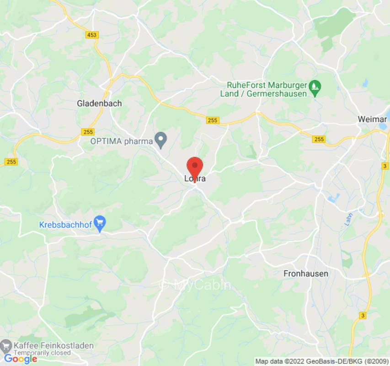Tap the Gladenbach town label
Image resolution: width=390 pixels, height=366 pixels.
pyautogui.click(x=99, y=103)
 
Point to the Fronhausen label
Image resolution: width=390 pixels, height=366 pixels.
pyautogui.click(x=306, y=274)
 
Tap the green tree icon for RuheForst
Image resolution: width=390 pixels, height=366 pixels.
pyautogui.click(x=315, y=86)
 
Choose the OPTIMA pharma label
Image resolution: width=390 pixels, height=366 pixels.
pyautogui.click(x=121, y=141)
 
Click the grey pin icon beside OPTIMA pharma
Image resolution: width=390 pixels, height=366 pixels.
pyautogui.click(x=160, y=140)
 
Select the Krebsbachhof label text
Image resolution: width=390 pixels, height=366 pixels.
pyautogui.click(x=66, y=225)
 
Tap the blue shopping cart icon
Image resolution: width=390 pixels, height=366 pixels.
pyautogui.click(x=100, y=223)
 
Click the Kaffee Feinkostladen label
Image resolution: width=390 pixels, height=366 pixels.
pyautogui.click(x=53, y=345)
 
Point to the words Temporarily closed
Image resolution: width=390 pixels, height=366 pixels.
pyautogui.click(x=42, y=353)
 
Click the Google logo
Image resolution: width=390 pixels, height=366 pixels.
pyautogui.click(x=20, y=359)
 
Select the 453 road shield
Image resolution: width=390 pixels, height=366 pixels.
pyautogui.click(x=91, y=35)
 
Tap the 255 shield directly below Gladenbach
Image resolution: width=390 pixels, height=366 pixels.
pyautogui.click(x=88, y=132)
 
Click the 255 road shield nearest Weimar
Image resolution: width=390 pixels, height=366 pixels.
pyautogui.click(x=319, y=139)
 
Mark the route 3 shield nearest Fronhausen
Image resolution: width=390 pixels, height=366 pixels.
pyautogui.click(x=363, y=316)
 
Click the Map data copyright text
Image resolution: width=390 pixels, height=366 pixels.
pyautogui.click(x=321, y=361)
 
